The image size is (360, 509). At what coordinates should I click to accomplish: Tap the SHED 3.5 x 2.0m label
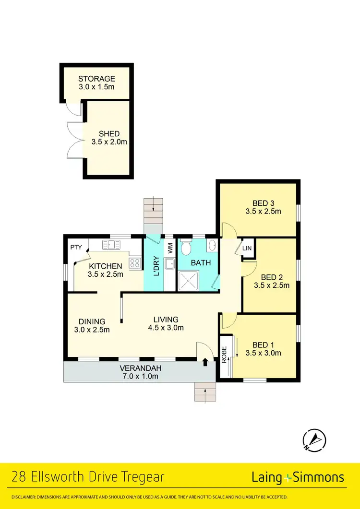point(109,138)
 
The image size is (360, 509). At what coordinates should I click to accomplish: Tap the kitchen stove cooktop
point(135,262)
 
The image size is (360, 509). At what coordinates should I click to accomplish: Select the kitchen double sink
point(111,245)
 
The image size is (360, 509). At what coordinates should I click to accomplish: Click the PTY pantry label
point(76,248)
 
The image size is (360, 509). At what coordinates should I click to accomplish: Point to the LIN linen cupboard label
point(247,248)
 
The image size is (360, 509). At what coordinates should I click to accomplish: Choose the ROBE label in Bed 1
point(224,355)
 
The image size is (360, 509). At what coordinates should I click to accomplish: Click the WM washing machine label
point(169,248)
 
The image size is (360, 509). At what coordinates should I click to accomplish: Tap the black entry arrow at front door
point(206,362)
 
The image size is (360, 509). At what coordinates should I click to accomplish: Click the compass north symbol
point(314,439)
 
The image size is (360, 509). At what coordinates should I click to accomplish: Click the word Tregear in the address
point(142,477)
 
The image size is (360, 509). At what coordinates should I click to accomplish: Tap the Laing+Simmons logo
point(298,477)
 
